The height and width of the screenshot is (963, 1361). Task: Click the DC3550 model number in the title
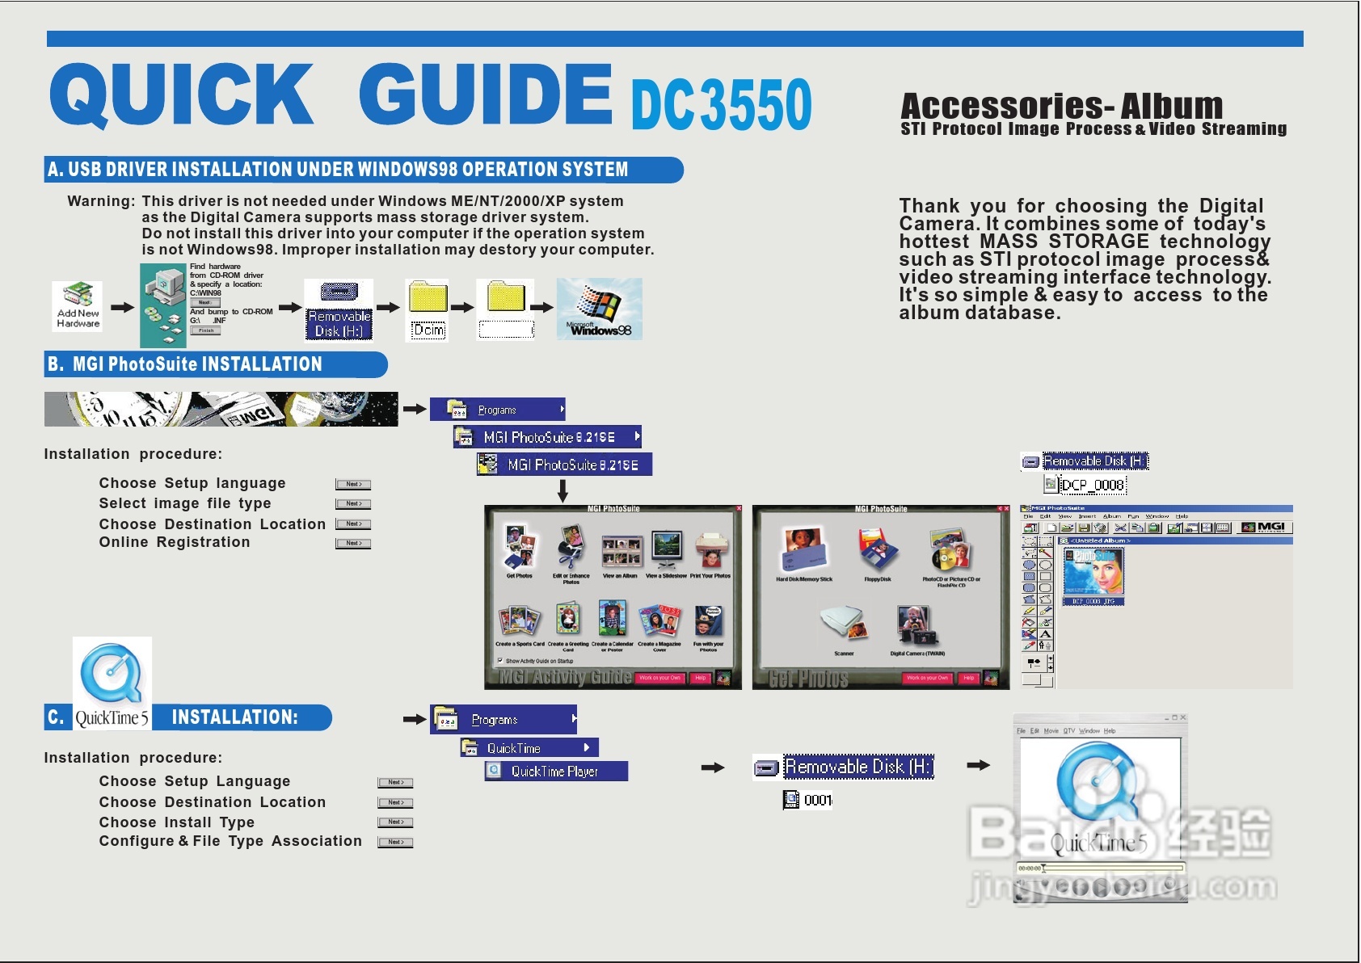[721, 104]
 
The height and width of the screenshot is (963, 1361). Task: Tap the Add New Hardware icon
[78, 305]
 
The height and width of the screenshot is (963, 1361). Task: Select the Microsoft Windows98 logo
[599, 309]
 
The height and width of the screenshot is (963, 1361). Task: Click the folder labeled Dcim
[428, 309]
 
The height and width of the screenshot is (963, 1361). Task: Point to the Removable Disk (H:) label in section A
[339, 323]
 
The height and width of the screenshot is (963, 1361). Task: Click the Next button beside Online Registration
[353, 543]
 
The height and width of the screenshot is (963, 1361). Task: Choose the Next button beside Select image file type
[353, 504]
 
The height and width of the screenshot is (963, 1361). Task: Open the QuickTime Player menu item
[555, 772]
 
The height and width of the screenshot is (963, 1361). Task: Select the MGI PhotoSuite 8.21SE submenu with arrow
[550, 437]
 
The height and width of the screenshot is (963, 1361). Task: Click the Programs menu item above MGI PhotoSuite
[497, 410]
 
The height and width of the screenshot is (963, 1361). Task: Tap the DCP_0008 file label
[1092, 485]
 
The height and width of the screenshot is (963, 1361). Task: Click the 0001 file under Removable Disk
[817, 800]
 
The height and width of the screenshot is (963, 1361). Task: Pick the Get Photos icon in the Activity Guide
[519, 549]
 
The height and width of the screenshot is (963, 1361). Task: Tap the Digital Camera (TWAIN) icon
[916, 626]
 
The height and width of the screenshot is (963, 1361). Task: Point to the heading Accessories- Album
[1061, 106]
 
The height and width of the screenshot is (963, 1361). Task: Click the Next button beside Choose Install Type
[395, 822]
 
